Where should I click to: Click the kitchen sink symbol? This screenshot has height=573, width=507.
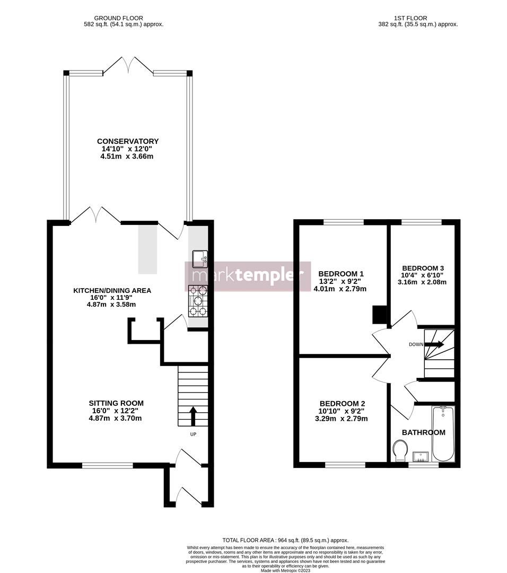click(200, 258)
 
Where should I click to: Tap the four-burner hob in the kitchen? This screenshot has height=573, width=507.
click(198, 301)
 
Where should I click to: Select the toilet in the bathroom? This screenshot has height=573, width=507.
click(400, 452)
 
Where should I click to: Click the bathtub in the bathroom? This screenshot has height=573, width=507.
click(443, 434)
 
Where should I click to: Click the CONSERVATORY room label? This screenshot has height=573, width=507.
click(127, 141)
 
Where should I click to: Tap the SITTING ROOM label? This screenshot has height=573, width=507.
click(116, 403)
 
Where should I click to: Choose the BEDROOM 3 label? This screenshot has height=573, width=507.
click(423, 268)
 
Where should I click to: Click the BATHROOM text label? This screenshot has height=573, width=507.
click(423, 432)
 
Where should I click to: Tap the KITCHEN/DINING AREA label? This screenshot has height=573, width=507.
click(112, 290)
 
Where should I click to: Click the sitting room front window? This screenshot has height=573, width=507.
click(108, 465)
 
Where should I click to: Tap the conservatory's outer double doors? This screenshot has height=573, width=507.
click(128, 65)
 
